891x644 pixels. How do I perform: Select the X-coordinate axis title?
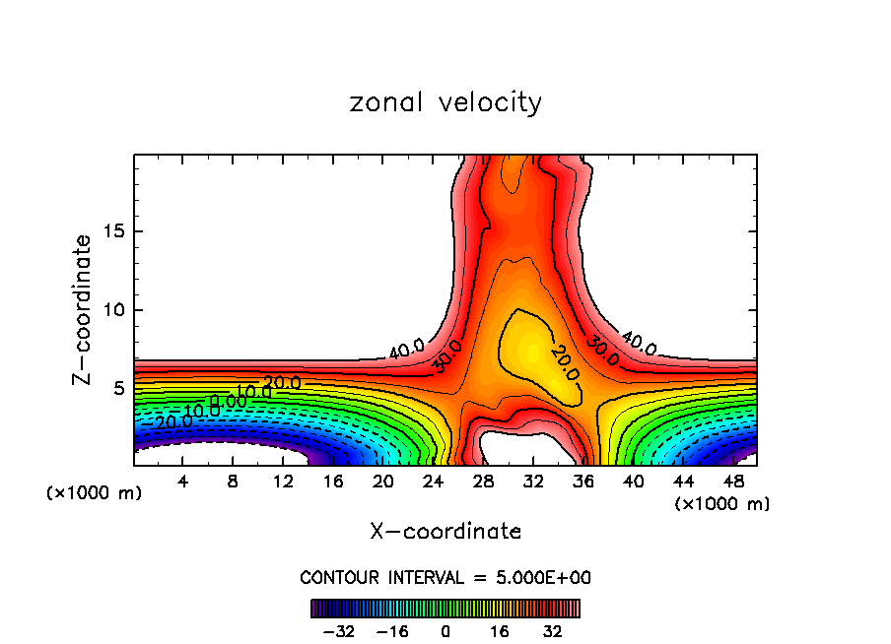pyautogui.click(x=445, y=531)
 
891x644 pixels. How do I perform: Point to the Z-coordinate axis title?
pyautogui.click(x=82, y=309)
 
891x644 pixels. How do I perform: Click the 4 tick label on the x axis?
pyautogui.click(x=183, y=481)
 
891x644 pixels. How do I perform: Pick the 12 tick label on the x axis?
pyautogui.click(x=283, y=481)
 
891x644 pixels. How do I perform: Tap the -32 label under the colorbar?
pyautogui.click(x=338, y=630)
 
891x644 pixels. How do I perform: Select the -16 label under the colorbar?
pyautogui.click(x=392, y=630)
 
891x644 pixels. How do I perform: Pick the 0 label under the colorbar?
pyautogui.click(x=445, y=630)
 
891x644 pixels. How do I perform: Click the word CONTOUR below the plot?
pyautogui.click(x=334, y=577)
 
